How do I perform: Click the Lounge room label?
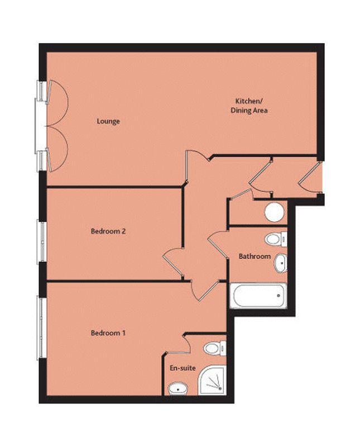(108, 121)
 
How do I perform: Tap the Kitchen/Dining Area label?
(249, 106)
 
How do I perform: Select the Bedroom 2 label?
(108, 231)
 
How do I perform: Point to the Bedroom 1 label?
(108, 332)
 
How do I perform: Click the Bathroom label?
(255, 256)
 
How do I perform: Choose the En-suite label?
(183, 368)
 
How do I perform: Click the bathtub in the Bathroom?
(258, 296)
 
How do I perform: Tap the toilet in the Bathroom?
(276, 239)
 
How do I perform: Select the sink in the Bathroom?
(281, 263)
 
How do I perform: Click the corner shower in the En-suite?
(213, 381)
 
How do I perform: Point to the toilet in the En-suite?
(215, 348)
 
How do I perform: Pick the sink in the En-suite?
(178, 389)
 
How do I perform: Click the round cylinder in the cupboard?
(274, 212)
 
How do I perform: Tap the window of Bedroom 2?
(42, 241)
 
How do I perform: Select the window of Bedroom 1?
(42, 327)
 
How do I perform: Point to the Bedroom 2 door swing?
(172, 263)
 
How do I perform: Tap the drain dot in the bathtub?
(279, 296)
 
